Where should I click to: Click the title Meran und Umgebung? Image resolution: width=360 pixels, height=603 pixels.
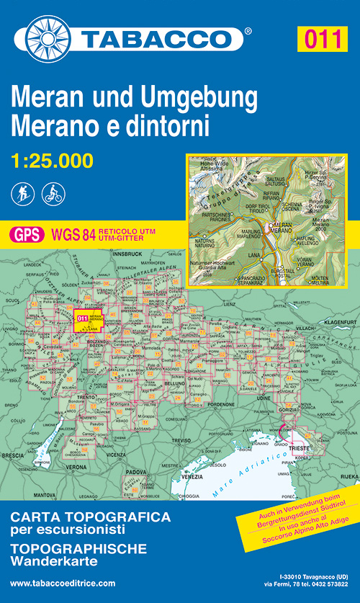point(134,98)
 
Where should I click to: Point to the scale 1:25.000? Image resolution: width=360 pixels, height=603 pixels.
point(52,161)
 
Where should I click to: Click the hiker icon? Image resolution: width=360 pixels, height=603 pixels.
point(22,192)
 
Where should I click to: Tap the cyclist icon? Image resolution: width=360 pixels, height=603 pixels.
point(53,192)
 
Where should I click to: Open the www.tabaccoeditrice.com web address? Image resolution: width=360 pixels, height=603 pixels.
point(63,582)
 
